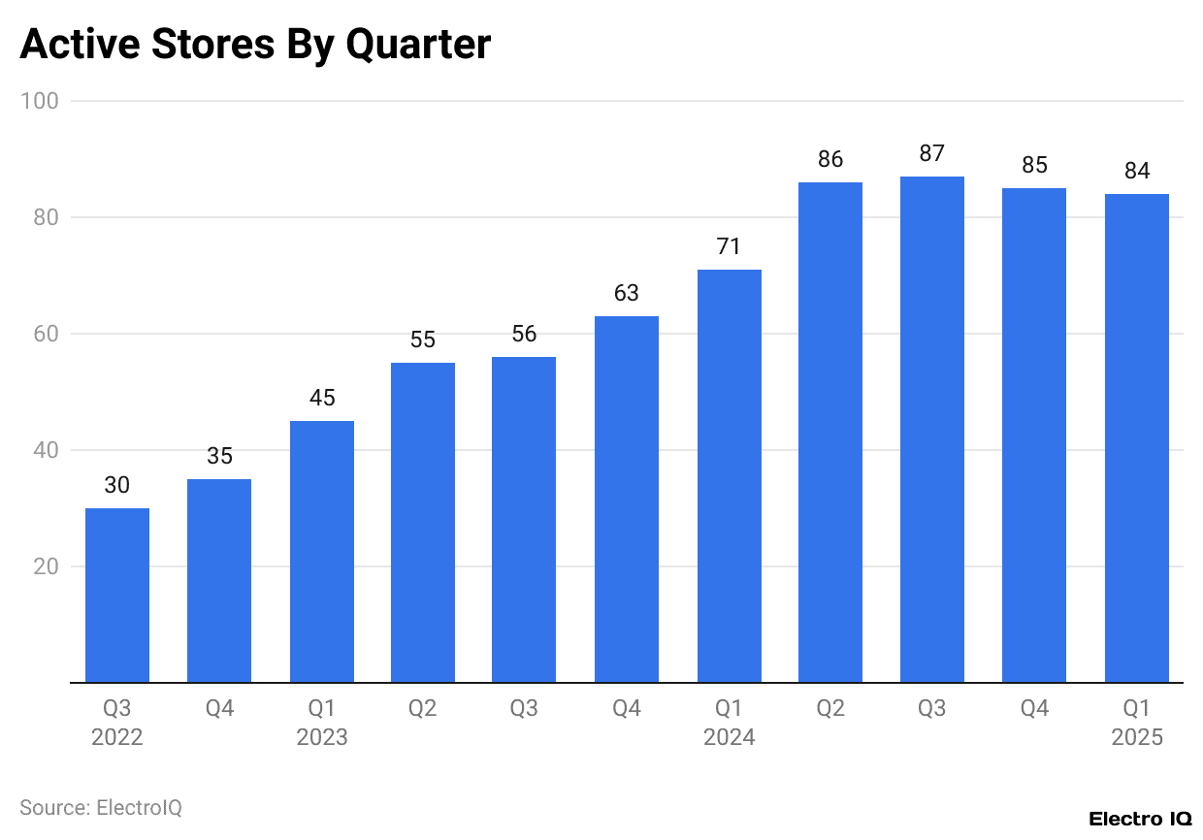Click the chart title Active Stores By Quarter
pos(255,46)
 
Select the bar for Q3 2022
pos(117,595)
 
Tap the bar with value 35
pos(219,580)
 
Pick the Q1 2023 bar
pos(321,551)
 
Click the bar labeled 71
pos(729,475)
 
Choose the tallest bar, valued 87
pos(932,429)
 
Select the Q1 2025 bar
pos(1136,437)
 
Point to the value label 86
pos(830,160)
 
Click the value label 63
pos(627,293)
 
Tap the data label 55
pos(423,340)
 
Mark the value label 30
pos(117,485)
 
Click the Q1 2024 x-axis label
pos(729,723)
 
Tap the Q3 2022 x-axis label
pos(117,723)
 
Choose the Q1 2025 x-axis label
pos(1136,723)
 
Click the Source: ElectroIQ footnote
pos(101,807)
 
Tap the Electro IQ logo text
pos(1140,819)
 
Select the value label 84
pos(1136,172)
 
